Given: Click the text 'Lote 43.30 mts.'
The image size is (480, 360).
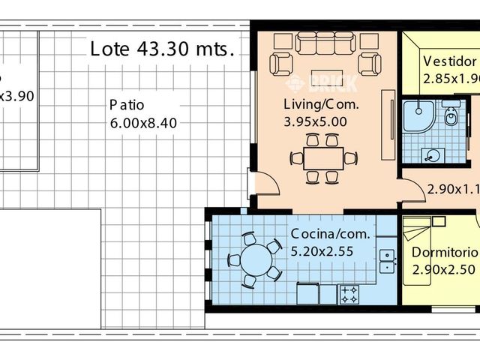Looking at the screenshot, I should pyautogui.click(x=162, y=49).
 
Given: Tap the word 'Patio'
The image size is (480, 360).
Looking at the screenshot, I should pyautogui.click(x=126, y=104).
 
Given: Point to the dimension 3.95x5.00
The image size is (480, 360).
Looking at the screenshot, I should pyautogui.click(x=316, y=121).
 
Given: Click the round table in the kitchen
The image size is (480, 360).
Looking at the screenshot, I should pyautogui.click(x=255, y=260).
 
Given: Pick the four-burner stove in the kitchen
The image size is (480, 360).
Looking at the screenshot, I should pyautogui.click(x=349, y=294).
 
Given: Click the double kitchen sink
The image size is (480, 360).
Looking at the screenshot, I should pyautogui.click(x=387, y=262).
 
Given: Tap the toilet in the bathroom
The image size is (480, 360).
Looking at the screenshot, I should pyautogui.click(x=451, y=116).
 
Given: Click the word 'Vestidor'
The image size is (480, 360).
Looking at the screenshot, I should pyautogui.click(x=449, y=61).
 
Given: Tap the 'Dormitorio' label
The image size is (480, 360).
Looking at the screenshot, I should pyautogui.click(x=445, y=252).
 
